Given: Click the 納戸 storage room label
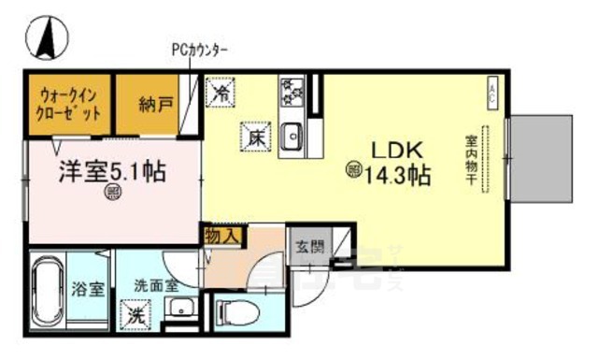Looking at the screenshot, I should point(155,105).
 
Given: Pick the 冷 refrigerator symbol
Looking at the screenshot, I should point(222,94).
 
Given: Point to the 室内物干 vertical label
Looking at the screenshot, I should point(471,160).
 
